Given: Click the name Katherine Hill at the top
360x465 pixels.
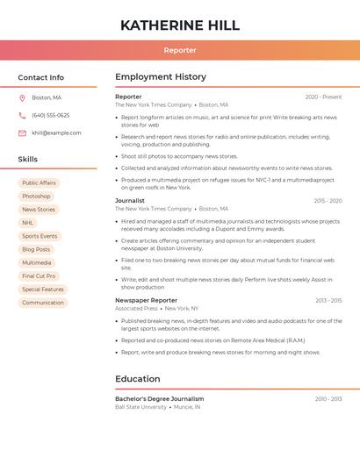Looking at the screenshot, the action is (x=180, y=25).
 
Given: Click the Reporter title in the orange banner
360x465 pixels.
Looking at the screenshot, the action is (x=180, y=50).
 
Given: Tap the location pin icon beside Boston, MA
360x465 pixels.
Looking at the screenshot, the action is (x=22, y=98).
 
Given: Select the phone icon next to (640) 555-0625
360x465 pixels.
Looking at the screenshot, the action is (x=22, y=116).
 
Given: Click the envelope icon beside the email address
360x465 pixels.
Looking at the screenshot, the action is (x=22, y=133).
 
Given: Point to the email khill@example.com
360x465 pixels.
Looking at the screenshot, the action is (x=56, y=133).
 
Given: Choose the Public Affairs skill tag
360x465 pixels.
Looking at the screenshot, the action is (x=39, y=183).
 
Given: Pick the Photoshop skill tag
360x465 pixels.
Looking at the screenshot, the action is (x=36, y=197).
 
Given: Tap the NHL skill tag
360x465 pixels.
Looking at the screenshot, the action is (x=28, y=223).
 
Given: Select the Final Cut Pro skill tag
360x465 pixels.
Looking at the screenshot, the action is (x=39, y=276).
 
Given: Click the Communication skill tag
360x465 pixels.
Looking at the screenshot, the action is (x=43, y=303).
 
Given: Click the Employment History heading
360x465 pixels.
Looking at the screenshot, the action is (x=161, y=77).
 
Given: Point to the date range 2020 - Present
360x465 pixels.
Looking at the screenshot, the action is (x=323, y=97).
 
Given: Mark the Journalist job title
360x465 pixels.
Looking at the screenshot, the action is (x=130, y=201).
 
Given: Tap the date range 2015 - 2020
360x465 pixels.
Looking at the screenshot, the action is (x=328, y=201).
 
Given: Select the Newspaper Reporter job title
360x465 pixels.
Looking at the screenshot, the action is (x=146, y=301).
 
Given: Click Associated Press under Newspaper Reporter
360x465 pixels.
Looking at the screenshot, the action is (x=136, y=309).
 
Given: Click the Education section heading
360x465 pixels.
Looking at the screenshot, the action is (x=138, y=379).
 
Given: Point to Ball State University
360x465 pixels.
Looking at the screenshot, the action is (x=140, y=407).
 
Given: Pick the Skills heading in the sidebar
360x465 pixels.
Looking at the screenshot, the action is (x=28, y=160).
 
